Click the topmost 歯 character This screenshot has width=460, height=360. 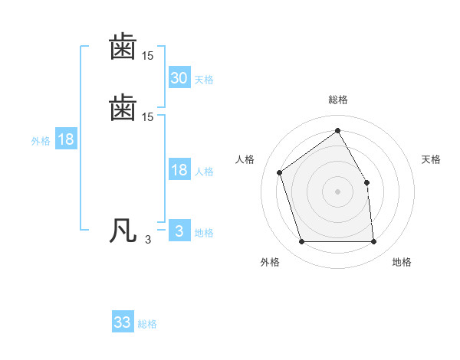click(x=123, y=47)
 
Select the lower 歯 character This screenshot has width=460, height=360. click(x=123, y=107)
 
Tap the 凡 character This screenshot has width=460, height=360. click(x=123, y=231)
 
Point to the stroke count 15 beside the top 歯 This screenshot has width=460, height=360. click(x=148, y=57)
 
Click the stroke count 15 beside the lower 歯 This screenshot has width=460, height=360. click(x=148, y=117)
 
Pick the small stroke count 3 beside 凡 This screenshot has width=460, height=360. click(x=148, y=240)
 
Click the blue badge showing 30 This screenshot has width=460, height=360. click(x=179, y=78)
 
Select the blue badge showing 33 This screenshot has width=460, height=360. click(x=123, y=322)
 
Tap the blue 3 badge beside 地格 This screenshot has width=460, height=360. click(x=179, y=231)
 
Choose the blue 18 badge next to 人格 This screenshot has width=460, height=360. click(x=179, y=170)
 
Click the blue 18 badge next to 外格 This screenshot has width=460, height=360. click(x=66, y=139)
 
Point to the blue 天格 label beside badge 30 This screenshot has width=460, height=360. click(x=204, y=80)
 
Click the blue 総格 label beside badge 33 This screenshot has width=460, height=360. click(x=147, y=324)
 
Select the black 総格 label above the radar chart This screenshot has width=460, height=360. click(x=337, y=100)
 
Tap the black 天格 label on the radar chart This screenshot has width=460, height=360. click(x=431, y=159)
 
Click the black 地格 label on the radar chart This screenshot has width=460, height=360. click(x=402, y=262)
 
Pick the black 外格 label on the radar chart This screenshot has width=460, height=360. click(x=270, y=262)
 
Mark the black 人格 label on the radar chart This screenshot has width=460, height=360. click(x=245, y=159)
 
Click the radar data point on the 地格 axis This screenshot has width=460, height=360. click(x=373, y=242)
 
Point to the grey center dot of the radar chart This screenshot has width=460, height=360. click(x=337, y=191)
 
